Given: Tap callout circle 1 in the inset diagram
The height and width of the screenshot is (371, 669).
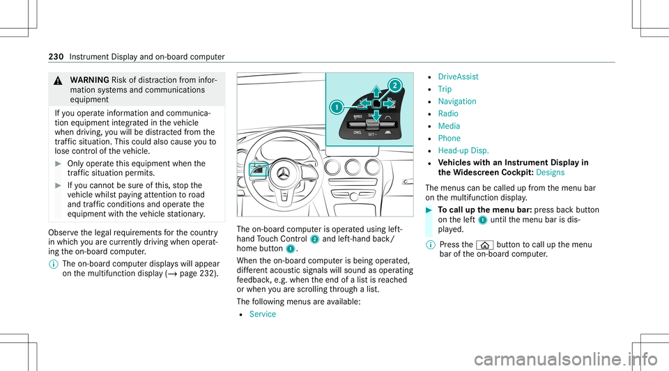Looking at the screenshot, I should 336,108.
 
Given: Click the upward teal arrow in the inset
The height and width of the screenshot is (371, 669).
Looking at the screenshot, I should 375,91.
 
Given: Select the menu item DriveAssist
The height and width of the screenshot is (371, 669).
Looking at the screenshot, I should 463,77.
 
